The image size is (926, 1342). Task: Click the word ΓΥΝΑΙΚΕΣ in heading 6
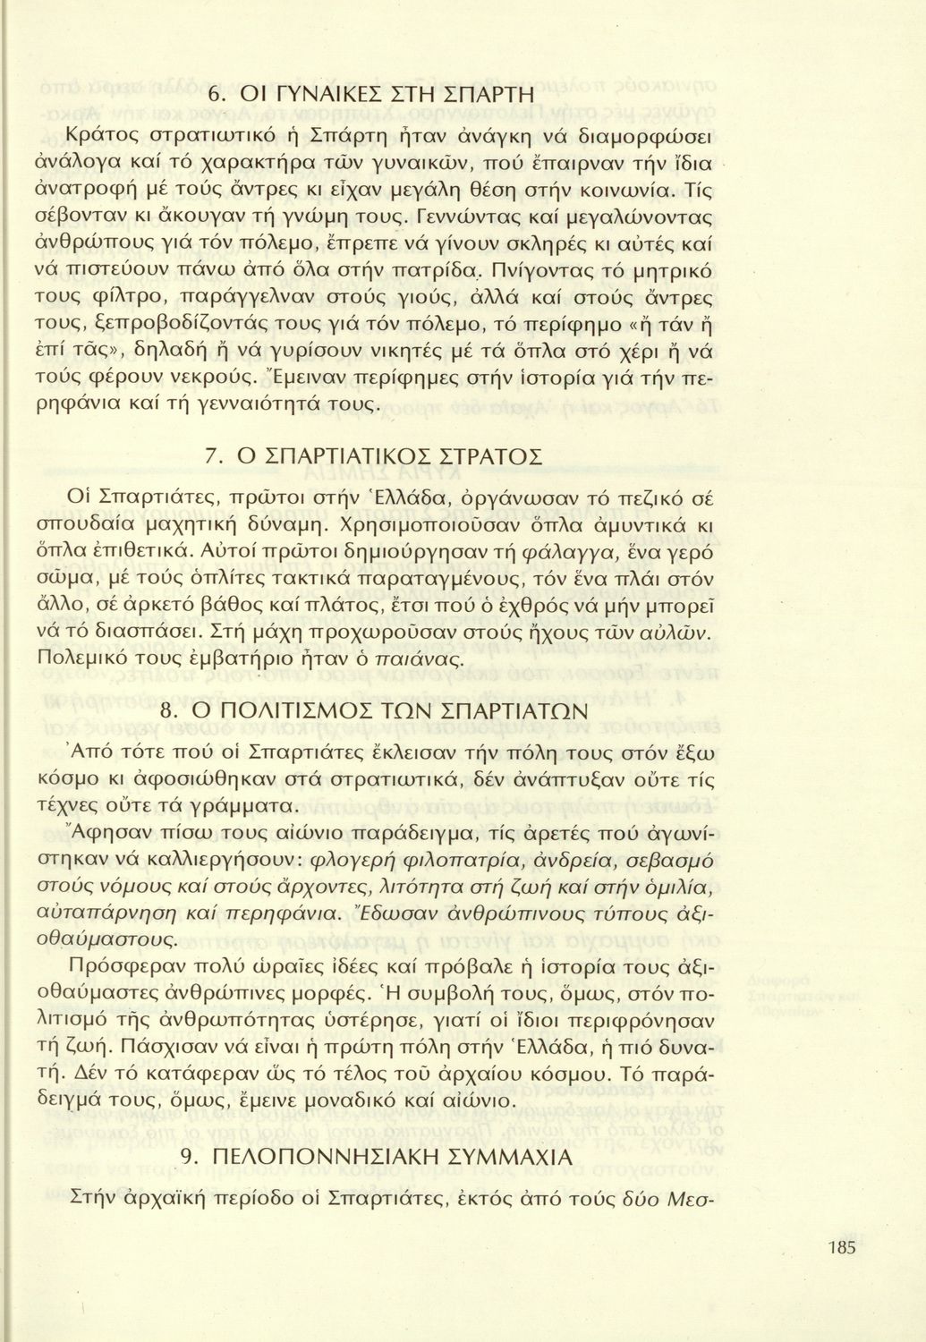[323, 94]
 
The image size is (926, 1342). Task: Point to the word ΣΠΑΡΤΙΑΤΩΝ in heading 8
[503, 712]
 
